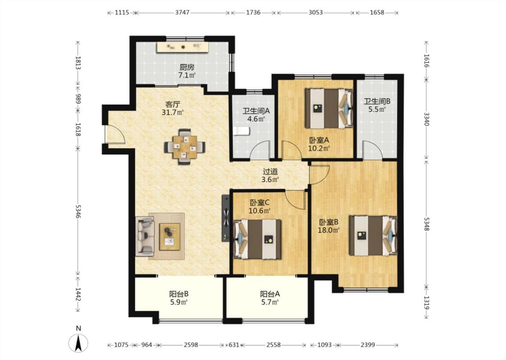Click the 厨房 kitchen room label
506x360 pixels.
click(x=187, y=67)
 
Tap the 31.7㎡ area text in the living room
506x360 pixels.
click(x=173, y=112)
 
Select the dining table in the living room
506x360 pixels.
click(x=184, y=147)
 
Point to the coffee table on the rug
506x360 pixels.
click(x=170, y=237)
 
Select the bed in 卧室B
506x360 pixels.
click(x=373, y=235)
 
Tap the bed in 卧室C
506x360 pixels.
click(x=257, y=239)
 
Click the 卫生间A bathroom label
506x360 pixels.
click(x=256, y=111)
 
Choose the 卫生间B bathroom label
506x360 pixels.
click(x=377, y=101)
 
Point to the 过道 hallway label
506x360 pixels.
click(x=270, y=171)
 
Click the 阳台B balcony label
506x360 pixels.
click(x=179, y=294)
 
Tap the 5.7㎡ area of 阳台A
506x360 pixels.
click(x=270, y=302)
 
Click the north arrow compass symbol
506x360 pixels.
click(x=78, y=342)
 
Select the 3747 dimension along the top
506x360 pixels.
click(x=182, y=13)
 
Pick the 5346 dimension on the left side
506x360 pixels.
click(x=78, y=211)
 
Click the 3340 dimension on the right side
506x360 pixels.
click(x=427, y=119)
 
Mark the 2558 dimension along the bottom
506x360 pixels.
click(x=273, y=345)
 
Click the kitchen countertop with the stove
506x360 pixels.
click(x=183, y=47)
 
